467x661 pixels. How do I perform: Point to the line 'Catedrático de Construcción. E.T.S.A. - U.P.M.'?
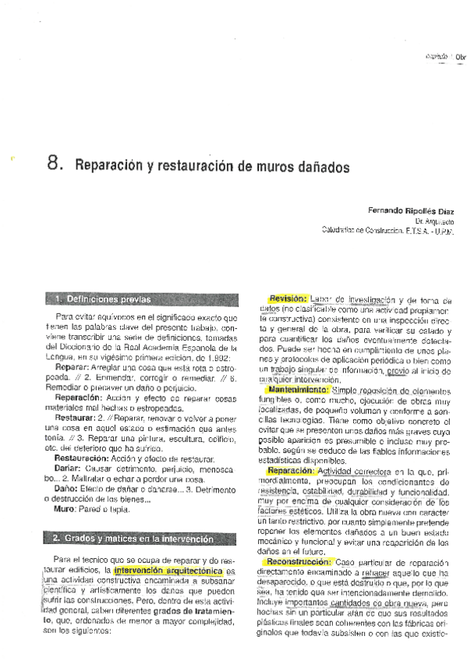click(x=387, y=231)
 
